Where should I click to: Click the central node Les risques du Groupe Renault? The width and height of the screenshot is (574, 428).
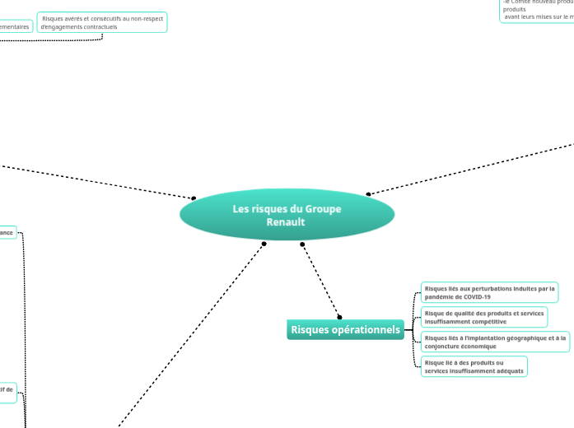287,215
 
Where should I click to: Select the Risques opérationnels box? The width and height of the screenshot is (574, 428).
345,330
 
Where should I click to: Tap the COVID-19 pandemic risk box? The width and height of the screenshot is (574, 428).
489,292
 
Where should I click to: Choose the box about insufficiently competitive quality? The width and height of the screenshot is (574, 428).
483,317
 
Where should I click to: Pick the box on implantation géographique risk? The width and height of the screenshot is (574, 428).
495,342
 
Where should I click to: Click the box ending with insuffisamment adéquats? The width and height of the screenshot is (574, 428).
474,366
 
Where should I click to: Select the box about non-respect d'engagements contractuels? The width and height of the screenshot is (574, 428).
102,22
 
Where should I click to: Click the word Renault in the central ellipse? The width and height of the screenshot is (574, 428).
286,222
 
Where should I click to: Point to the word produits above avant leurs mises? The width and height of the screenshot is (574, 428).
515,9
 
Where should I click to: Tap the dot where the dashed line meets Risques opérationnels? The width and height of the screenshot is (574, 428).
339,317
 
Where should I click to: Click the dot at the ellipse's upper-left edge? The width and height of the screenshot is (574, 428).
194,198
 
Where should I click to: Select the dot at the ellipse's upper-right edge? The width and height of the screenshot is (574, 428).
368,194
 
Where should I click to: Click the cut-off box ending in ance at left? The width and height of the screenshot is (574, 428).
7,233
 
